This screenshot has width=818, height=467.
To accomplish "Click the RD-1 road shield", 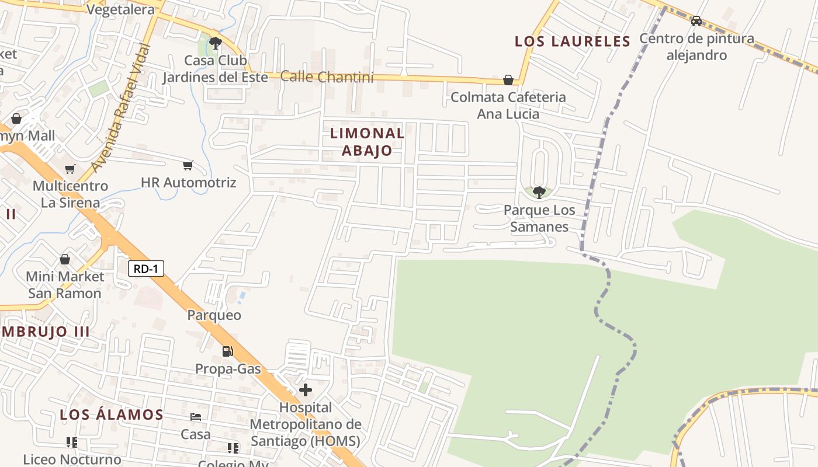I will pyautogui.click(x=146, y=269).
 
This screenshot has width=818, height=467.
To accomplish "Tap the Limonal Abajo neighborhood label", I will pyautogui.click(x=367, y=142).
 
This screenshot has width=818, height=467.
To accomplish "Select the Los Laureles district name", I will pyautogui.click(x=573, y=41).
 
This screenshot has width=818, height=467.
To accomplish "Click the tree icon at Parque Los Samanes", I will pyautogui.click(x=539, y=191).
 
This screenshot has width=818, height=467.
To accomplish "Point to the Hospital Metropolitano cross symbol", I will pyautogui.click(x=306, y=390).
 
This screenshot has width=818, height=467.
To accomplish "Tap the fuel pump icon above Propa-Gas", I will pyautogui.click(x=227, y=351).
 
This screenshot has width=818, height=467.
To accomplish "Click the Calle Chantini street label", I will pyautogui.click(x=327, y=76).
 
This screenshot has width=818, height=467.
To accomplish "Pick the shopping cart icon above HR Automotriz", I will pyautogui.click(x=188, y=166).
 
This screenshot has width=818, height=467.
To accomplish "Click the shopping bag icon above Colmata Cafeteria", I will pyautogui.click(x=508, y=79).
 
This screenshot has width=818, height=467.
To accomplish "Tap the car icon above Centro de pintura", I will pyautogui.click(x=696, y=21).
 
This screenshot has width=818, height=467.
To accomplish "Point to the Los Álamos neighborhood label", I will pyautogui.click(x=112, y=415).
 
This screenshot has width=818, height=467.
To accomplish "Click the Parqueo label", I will pyautogui.click(x=214, y=315).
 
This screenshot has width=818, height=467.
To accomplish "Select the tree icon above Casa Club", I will pyautogui.click(x=216, y=43).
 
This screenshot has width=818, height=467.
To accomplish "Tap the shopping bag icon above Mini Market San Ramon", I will pyautogui.click(x=65, y=259).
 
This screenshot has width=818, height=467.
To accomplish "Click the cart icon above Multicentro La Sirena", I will pyautogui.click(x=70, y=169).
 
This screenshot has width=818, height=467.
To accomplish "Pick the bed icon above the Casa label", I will pyautogui.click(x=196, y=417).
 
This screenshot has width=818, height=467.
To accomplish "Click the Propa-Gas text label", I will pyautogui.click(x=228, y=369).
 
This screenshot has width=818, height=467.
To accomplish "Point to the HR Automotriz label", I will pyautogui.click(x=189, y=183).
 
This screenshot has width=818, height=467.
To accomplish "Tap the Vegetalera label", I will pyautogui.click(x=120, y=10).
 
